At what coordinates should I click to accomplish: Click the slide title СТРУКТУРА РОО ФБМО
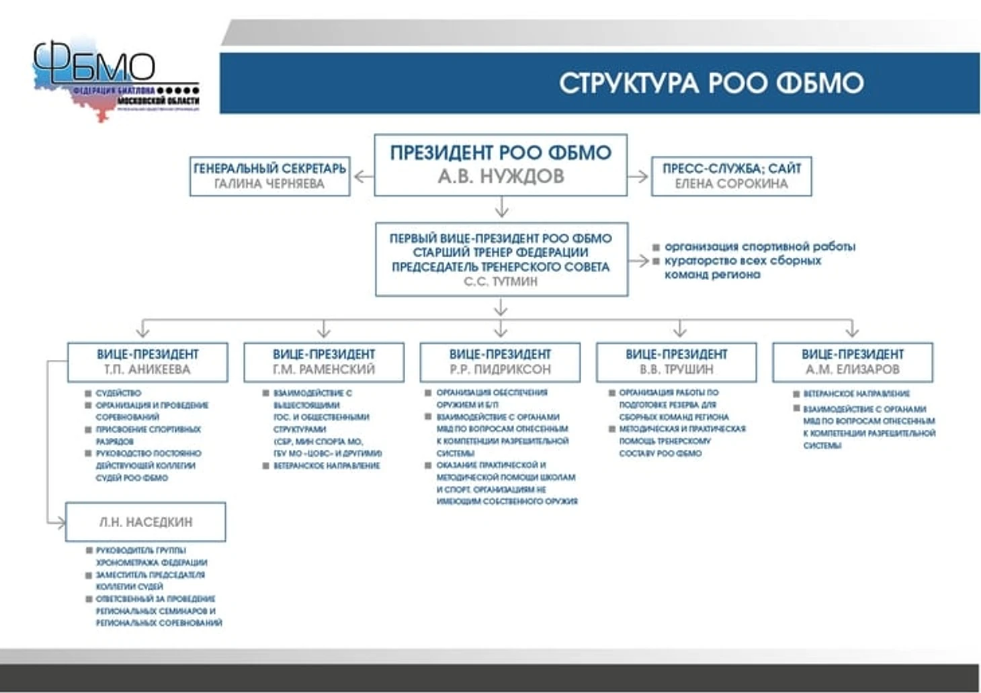tap(711, 83)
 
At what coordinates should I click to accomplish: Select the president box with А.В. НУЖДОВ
tap(501, 165)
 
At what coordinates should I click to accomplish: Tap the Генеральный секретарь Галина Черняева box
tap(269, 176)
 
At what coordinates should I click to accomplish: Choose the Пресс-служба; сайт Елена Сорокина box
tap(731, 176)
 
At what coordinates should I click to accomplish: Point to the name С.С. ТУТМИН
tap(501, 281)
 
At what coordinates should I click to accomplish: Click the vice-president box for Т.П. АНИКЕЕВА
tap(147, 362)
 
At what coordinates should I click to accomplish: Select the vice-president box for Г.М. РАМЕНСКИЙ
tap(324, 362)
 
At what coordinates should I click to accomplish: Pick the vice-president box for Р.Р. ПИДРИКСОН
tap(500, 362)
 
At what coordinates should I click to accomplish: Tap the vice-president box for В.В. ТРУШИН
tap(677, 362)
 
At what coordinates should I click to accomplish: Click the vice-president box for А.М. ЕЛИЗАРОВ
tap(852, 362)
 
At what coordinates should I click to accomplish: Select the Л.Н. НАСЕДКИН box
tap(146, 522)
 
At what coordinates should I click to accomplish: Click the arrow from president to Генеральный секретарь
tap(363, 177)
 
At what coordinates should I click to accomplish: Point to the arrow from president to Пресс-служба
tap(638, 177)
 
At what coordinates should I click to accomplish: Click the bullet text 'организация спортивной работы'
tap(759, 246)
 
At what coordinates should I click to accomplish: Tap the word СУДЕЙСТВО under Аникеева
tap(118, 393)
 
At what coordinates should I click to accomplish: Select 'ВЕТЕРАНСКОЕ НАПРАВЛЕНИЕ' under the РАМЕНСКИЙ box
tap(327, 465)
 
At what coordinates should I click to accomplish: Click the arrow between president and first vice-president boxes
tap(501, 207)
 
